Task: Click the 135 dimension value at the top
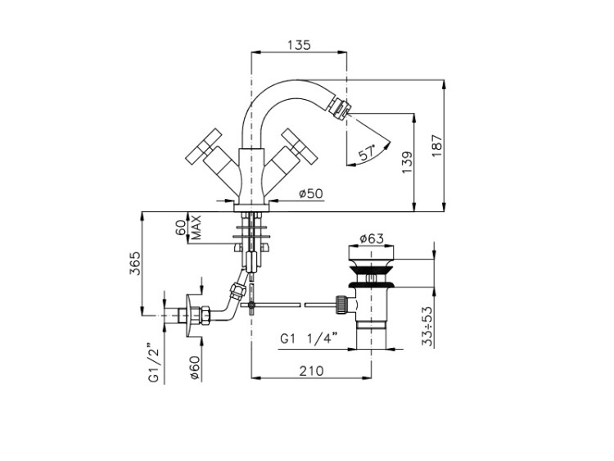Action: [x=299, y=45]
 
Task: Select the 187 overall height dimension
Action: [x=437, y=146]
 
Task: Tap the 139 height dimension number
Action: [x=407, y=163]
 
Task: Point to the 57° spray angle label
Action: [x=368, y=152]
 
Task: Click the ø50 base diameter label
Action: [x=311, y=193]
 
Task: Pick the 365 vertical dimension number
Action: [x=134, y=263]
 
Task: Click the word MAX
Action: [x=196, y=227]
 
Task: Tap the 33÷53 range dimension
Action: [x=428, y=326]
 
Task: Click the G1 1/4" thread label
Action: [x=309, y=338]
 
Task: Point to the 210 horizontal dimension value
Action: [x=312, y=371]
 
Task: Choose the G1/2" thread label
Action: [x=154, y=363]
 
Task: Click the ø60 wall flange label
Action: [x=195, y=368]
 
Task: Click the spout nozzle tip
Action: [x=340, y=107]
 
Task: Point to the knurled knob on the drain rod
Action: [x=341, y=305]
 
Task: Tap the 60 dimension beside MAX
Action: [x=181, y=227]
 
